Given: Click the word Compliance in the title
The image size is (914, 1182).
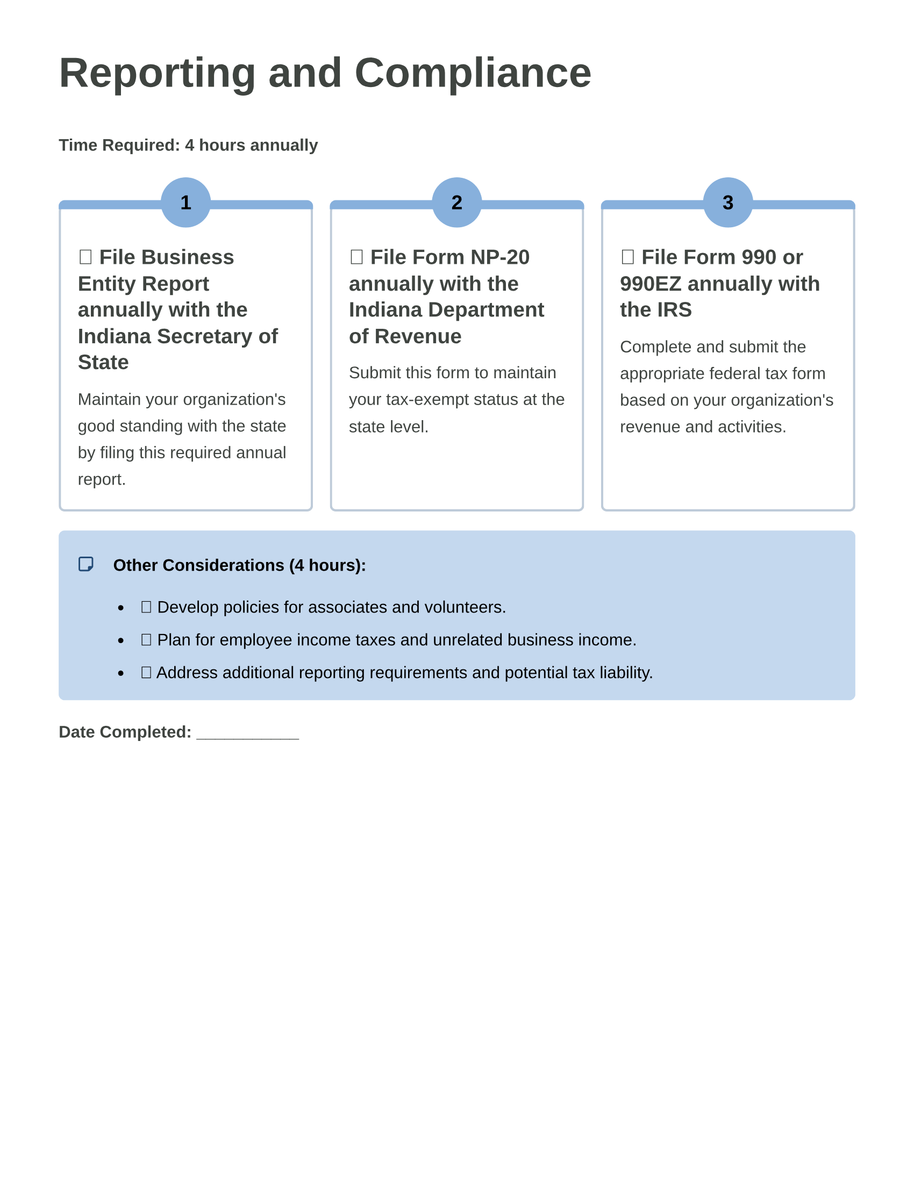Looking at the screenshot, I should tap(472, 73).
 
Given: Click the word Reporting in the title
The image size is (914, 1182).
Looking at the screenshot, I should tap(157, 73).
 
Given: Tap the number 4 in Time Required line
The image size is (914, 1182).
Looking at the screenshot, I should tap(189, 145).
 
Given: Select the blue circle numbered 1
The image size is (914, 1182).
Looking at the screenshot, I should tap(185, 203).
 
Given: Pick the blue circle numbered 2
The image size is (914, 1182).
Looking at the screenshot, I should tap(456, 203).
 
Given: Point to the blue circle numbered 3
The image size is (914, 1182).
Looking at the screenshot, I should tap(728, 203).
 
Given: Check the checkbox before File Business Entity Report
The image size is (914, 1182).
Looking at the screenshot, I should tap(85, 256).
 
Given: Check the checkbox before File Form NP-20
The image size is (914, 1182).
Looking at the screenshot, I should tap(356, 256).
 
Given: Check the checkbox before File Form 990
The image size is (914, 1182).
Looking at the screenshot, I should tap(627, 256).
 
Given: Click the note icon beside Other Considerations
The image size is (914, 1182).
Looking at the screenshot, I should tap(85, 564).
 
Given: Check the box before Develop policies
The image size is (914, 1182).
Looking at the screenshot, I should tap(146, 607).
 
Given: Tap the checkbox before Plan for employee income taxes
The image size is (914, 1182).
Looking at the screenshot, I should tap(146, 639).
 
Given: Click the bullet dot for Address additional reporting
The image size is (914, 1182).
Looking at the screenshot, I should tap(121, 673).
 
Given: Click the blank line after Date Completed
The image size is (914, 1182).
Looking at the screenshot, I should tap(247, 733).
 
